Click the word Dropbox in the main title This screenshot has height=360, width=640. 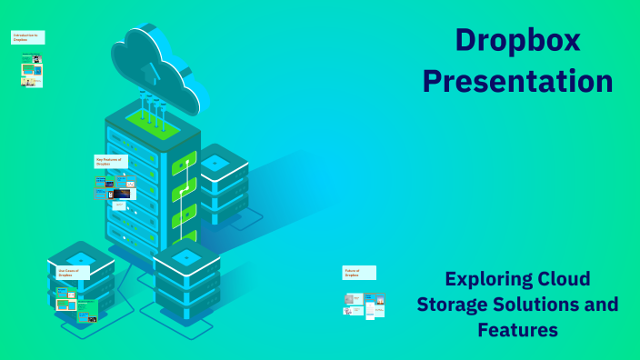click(517, 40)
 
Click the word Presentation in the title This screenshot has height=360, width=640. click(517, 81)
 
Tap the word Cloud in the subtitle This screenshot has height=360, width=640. click(563, 279)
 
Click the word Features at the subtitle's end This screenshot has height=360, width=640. click(517, 329)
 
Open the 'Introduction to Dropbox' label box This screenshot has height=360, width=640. click(28, 37)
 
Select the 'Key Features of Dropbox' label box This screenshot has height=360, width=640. click(111, 161)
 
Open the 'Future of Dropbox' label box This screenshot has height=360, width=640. click(359, 272)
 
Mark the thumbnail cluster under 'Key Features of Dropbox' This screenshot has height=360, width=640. click(114, 191)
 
